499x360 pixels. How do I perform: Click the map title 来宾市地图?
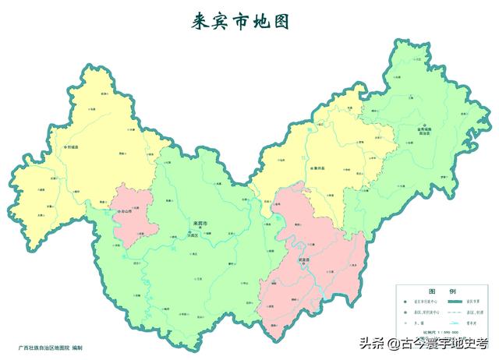click(241, 22)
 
